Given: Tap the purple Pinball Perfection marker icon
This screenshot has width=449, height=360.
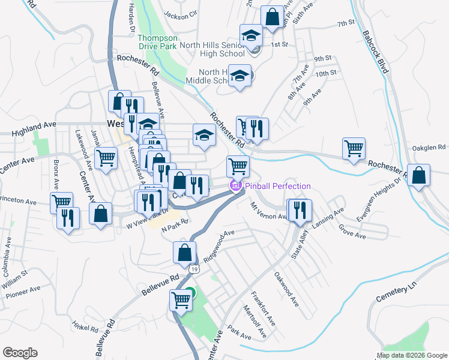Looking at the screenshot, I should (x=236, y=186).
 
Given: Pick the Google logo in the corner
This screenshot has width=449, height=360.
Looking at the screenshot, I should (x=20, y=353).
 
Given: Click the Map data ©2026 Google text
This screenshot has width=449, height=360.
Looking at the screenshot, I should (x=412, y=355).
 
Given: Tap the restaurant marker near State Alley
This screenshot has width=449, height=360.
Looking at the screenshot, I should (x=298, y=210).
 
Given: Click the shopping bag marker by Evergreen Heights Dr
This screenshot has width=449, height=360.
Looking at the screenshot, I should (x=419, y=175).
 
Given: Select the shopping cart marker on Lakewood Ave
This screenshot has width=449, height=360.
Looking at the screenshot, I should (x=106, y=158).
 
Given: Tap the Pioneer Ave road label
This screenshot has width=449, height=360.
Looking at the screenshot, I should (x=23, y=293).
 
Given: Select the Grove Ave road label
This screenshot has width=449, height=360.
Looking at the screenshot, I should (x=352, y=233).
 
